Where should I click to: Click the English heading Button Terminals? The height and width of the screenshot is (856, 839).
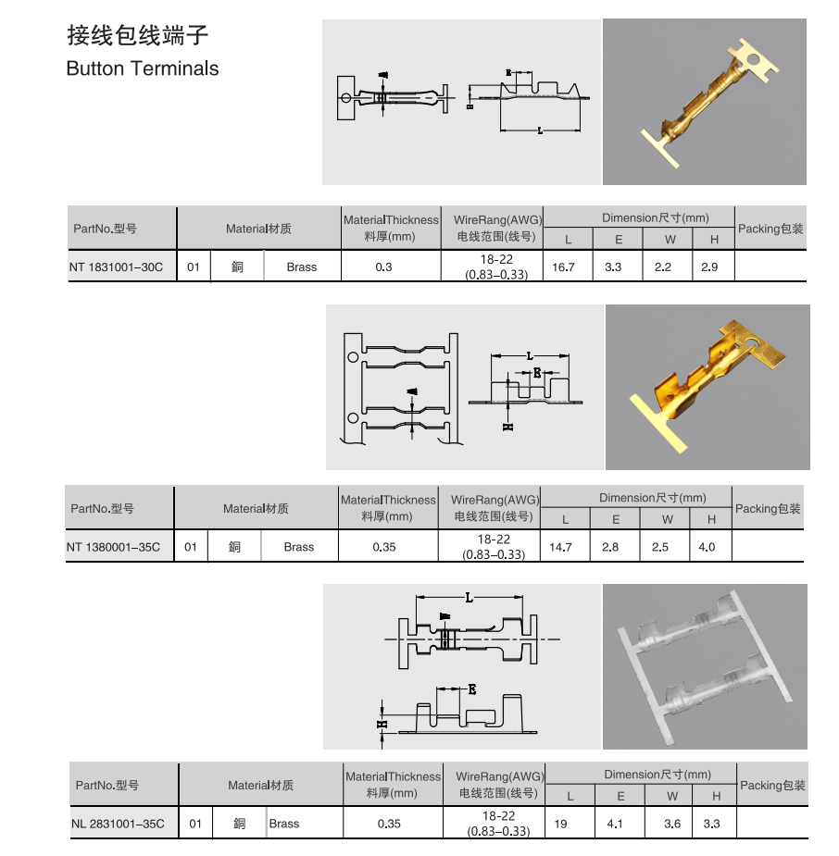pyautogui.click(x=143, y=68)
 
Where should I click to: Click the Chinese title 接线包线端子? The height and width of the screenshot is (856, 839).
pyautogui.click(x=137, y=36)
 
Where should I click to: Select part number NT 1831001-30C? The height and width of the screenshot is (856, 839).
pyautogui.click(x=116, y=267)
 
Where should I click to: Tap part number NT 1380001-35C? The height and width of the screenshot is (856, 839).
pyautogui.click(x=113, y=547)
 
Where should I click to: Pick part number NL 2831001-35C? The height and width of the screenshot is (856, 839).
pyautogui.click(x=118, y=824)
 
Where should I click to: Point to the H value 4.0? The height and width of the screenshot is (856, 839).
pyautogui.click(x=707, y=547)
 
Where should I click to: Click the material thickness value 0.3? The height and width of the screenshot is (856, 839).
pyautogui.click(x=384, y=267)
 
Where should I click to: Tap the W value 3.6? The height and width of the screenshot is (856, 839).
pyautogui.click(x=672, y=824)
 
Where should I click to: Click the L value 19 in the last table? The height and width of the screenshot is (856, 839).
pyautogui.click(x=560, y=824)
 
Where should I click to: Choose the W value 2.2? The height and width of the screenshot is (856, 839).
pyautogui.click(x=663, y=267)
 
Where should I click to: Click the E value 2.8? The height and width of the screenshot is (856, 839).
pyautogui.click(x=610, y=547)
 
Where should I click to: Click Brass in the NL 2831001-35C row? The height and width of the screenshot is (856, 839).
pyautogui.click(x=284, y=824)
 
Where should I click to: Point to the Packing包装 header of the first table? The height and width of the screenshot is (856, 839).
pyautogui.click(x=770, y=229)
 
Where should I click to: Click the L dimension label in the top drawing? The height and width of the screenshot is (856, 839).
pyautogui.click(x=540, y=130)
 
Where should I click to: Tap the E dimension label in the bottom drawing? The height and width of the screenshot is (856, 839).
pyautogui.click(x=471, y=689)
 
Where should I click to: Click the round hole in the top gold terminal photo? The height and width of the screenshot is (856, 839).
pyautogui.click(x=758, y=61)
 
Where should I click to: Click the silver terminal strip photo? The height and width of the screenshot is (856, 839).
pyautogui.click(x=704, y=666)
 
